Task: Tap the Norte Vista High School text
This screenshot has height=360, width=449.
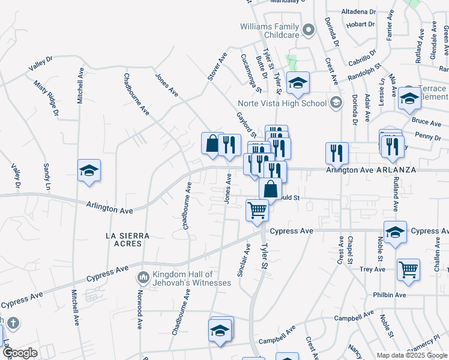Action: point(282,103)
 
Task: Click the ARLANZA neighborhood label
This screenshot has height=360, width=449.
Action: point(396,170)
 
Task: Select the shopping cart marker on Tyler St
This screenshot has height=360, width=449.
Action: point(258,211)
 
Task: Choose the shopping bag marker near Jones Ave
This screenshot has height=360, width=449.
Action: point(212,144)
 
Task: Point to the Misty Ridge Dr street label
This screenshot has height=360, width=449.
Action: point(47,98)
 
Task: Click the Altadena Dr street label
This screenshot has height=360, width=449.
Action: point(358,11)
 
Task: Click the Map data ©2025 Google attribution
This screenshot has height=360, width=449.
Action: point(412,355)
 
